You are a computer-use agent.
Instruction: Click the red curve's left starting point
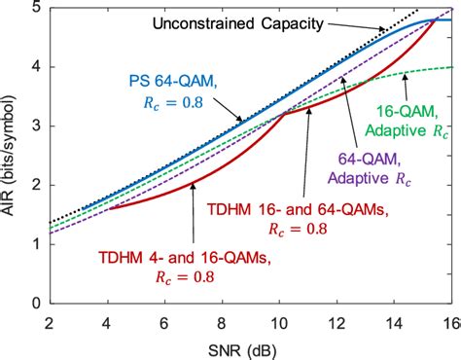(111, 209)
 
